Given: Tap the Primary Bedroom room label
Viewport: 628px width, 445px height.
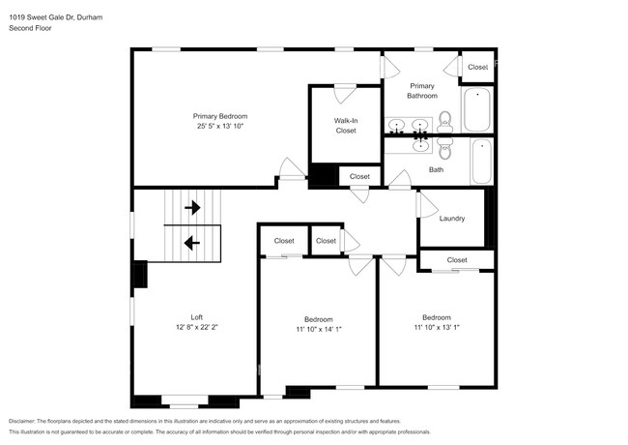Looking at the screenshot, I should coord(223,115).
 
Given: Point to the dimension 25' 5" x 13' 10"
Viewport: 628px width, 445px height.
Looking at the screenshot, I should coord(223,126).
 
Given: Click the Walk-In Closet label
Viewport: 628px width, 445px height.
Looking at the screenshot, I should coord(345,125).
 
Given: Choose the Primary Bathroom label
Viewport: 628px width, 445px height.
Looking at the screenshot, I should coord(421,90).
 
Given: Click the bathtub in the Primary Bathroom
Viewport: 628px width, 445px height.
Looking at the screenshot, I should coord(477,110).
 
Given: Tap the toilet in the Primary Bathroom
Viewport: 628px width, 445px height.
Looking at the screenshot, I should coord(444,121).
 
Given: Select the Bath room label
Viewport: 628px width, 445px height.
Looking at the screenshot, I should coord(436,170).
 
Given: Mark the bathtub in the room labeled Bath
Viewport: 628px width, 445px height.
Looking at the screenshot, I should coord(482,161).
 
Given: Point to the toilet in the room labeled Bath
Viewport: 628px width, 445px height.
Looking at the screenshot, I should coord(444,150).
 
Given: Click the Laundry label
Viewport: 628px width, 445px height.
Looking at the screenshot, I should coord(452,219).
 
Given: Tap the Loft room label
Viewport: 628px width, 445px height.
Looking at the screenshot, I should coord(196,317).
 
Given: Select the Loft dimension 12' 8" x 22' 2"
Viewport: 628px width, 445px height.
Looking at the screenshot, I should coord(196,328).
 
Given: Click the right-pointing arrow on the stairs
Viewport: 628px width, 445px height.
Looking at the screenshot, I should coord(192,207).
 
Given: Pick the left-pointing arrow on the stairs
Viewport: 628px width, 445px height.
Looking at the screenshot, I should coord(192,243).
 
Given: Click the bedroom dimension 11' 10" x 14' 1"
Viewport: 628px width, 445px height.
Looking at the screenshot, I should coord(319,330).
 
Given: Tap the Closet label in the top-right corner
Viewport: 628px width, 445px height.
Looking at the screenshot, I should coord(477,67).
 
